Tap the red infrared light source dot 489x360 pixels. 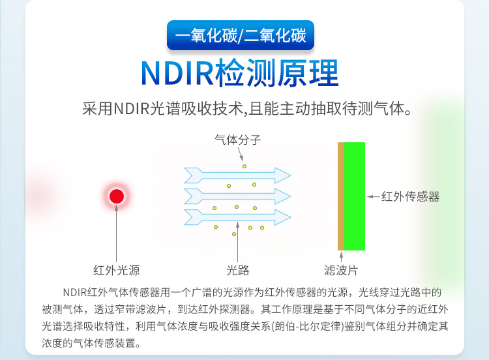tap(117, 196)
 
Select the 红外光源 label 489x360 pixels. tap(117, 270)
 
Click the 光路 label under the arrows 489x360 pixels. tap(238, 270)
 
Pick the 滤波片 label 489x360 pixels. tap(341, 270)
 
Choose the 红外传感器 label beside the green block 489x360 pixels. tap(410, 196)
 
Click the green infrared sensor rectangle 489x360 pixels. tap(355, 196)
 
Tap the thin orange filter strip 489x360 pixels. tap(340, 196)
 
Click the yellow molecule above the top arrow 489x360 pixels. tap(245, 166)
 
